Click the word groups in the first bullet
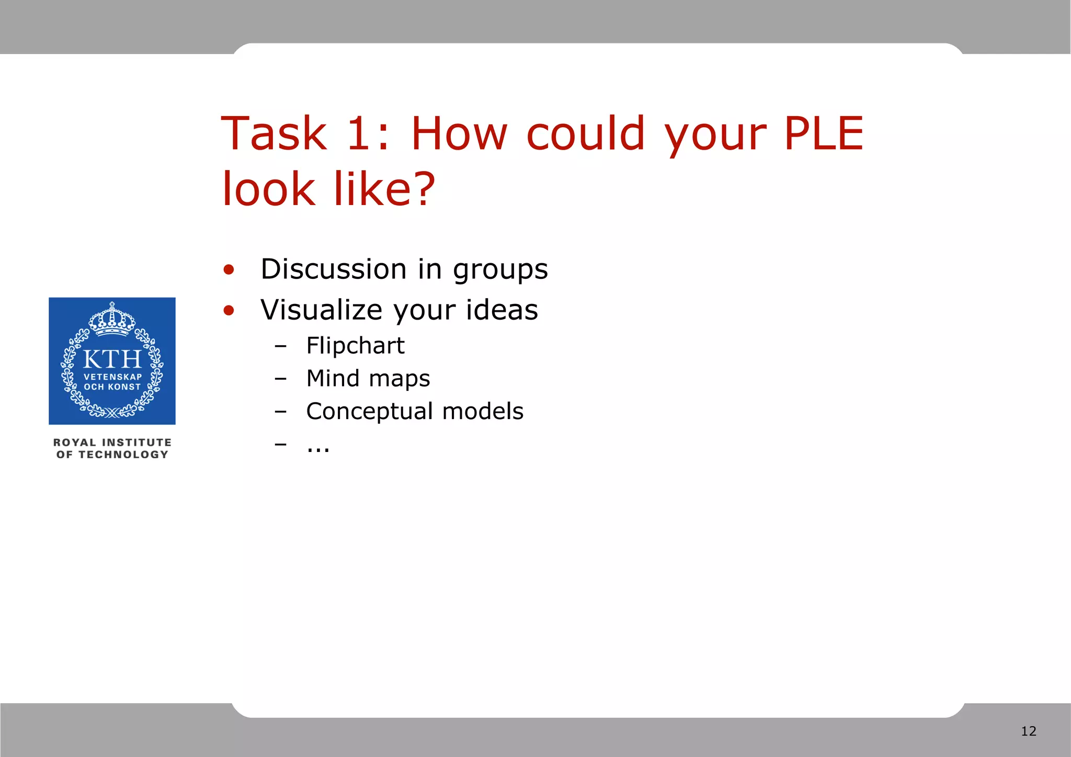coord(500,270)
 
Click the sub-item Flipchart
coord(355,346)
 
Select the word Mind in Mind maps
coord(333,378)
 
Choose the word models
coord(483,411)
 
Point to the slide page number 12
coord(1028,731)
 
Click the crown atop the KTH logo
coord(112,319)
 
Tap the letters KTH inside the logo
coord(112,359)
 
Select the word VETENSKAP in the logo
coord(113,377)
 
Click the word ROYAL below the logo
coord(74,443)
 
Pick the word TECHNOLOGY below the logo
coord(123,455)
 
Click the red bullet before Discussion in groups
coord(229,270)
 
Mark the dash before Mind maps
coord(281,379)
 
